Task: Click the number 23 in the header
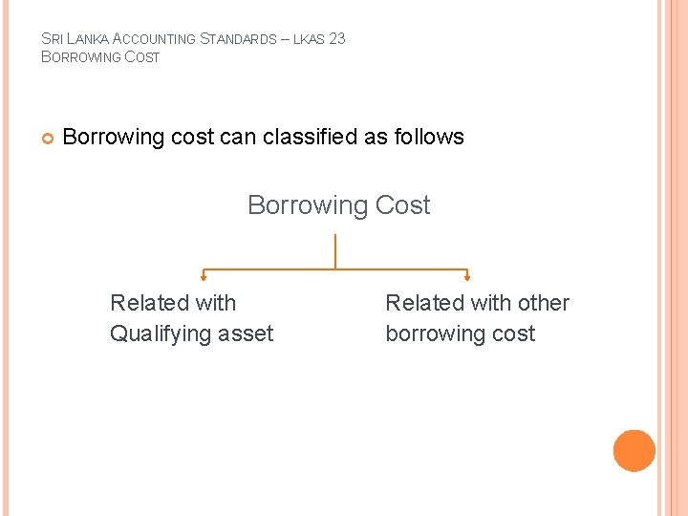pyautogui.click(x=335, y=39)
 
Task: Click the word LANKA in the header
pyautogui.click(x=86, y=39)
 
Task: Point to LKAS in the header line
pyautogui.click(x=308, y=40)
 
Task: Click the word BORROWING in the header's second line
pyautogui.click(x=81, y=57)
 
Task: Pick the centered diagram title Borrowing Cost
pyautogui.click(x=338, y=205)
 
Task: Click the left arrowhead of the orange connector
pyautogui.click(x=203, y=278)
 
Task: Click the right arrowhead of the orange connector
pyautogui.click(x=466, y=278)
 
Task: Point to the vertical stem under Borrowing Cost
pyautogui.click(x=335, y=250)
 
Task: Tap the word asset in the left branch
pyautogui.click(x=246, y=333)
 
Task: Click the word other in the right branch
pyautogui.click(x=544, y=303)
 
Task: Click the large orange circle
pyautogui.click(x=634, y=451)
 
